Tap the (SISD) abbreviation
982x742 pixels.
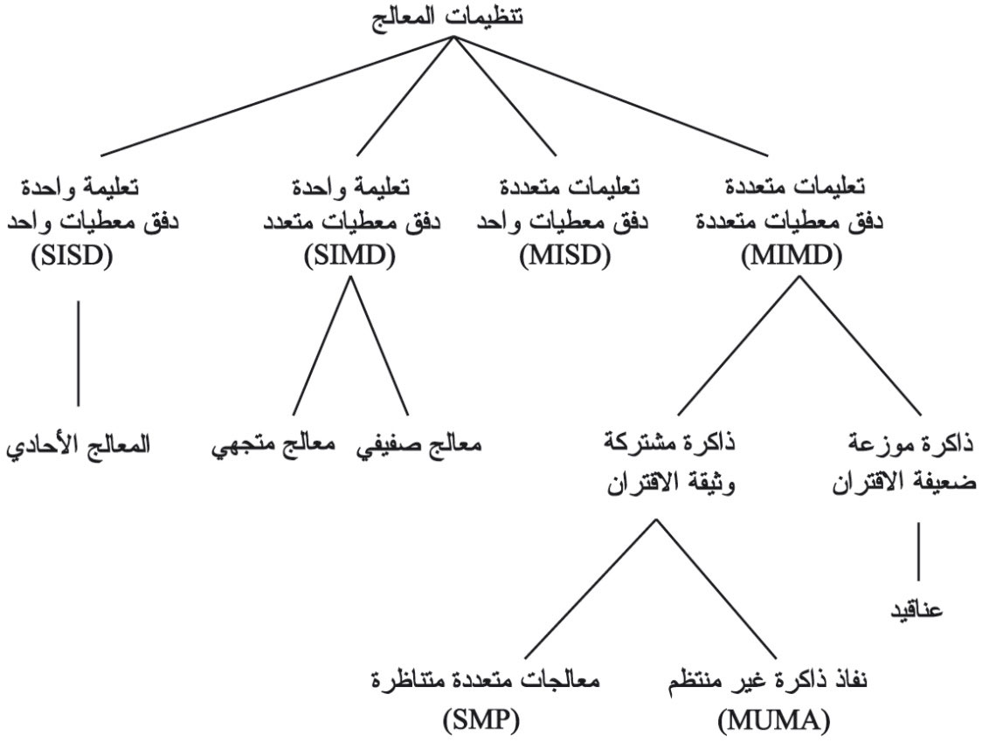click(72, 257)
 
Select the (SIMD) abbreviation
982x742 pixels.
click(349, 257)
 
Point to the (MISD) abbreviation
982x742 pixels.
click(565, 257)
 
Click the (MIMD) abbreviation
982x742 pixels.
click(792, 257)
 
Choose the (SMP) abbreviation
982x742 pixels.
click(481, 721)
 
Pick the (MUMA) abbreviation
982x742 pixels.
click(774, 721)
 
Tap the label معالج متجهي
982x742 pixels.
click(273, 447)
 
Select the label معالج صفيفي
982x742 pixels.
click(419, 447)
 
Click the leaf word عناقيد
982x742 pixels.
click(916, 608)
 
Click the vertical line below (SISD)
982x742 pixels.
click(79, 354)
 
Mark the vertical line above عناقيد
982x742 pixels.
click(919, 552)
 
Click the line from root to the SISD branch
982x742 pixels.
click(278, 96)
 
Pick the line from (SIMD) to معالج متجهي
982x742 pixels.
click(322, 346)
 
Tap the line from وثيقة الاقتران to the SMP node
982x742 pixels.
click(591, 588)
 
